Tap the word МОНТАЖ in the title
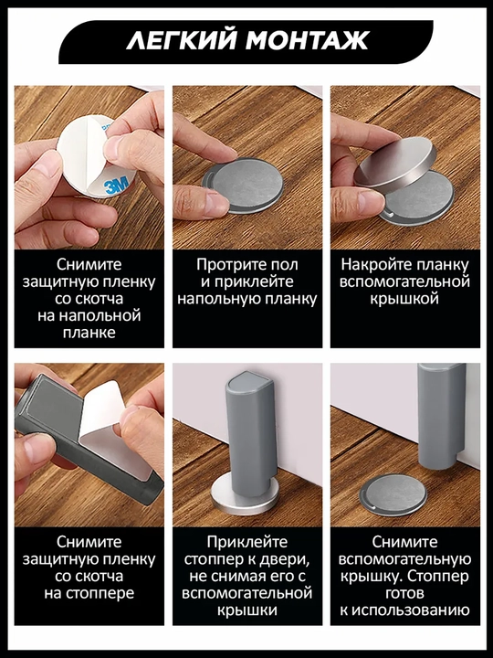click(x=308, y=41)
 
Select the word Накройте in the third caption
click(x=375, y=264)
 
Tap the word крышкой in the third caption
click(x=404, y=299)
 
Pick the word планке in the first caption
click(x=89, y=333)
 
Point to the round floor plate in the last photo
click(x=393, y=495)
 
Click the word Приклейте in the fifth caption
click(x=246, y=542)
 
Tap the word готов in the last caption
click(x=404, y=593)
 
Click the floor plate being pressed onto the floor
click(x=242, y=185)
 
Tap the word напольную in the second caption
click(x=216, y=299)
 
